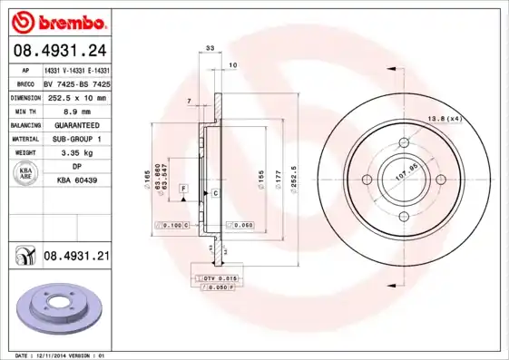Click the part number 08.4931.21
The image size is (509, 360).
tap(76, 257)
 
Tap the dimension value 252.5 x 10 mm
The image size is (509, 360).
tap(76, 97)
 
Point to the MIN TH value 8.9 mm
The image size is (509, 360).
tap(76, 111)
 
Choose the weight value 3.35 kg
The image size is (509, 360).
tap(76, 153)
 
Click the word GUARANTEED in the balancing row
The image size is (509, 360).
tap(76, 124)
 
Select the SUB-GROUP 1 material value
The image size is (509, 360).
tap(76, 139)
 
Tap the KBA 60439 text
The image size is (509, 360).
tap(76, 181)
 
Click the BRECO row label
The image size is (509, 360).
tap(25, 83)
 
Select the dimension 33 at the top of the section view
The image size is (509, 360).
tap(210, 47)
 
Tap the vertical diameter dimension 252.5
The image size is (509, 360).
tap(294, 170)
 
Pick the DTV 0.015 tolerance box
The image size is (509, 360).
tap(216, 276)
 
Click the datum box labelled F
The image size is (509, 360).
tap(183, 187)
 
